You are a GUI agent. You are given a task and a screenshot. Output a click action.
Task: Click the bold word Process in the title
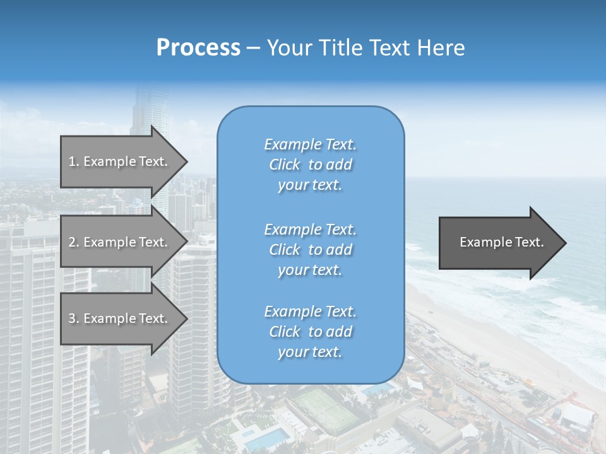[x=198, y=48]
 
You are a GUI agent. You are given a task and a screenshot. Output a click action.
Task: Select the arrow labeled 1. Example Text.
[x=120, y=161]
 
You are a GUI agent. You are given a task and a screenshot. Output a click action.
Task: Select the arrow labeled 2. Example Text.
[x=120, y=242]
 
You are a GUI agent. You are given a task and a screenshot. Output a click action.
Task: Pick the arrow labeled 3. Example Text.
[x=120, y=318]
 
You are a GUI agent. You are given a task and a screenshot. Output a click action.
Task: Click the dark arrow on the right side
[x=499, y=242]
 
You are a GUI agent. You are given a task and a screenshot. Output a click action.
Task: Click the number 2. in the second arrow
[x=74, y=242]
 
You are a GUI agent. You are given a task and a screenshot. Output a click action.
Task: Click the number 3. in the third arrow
[x=74, y=318]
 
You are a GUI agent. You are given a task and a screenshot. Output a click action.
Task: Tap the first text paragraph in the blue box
[x=310, y=165]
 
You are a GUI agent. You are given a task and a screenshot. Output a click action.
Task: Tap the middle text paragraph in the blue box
[x=310, y=250]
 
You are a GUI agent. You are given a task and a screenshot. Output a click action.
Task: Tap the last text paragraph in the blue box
[x=310, y=332]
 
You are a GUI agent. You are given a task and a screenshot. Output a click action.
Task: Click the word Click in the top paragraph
[x=285, y=165]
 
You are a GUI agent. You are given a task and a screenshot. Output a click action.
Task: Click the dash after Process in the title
[x=253, y=48]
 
